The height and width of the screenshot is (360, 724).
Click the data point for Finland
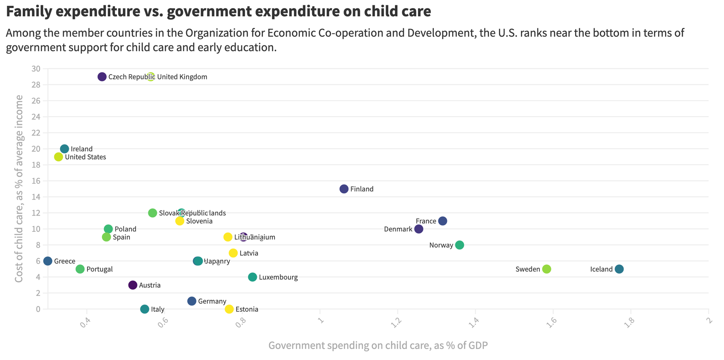point(344,189)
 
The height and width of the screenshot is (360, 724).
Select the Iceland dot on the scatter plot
point(619,269)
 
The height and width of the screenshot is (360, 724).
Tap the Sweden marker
point(547,269)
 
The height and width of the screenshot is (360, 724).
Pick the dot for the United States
point(59,157)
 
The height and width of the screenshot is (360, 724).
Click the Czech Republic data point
point(102,77)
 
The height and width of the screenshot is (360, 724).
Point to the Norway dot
point(459,245)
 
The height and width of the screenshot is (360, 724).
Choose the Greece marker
point(48,261)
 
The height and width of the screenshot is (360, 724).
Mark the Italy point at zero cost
point(144,309)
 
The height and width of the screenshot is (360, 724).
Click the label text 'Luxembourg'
point(278,277)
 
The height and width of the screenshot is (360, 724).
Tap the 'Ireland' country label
point(81,149)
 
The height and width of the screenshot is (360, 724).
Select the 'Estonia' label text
point(247,309)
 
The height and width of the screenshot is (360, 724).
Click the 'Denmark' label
point(398,229)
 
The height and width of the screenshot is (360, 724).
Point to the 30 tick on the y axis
point(36,69)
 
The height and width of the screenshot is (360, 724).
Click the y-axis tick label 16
point(36,181)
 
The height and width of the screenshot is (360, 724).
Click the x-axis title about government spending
point(378,346)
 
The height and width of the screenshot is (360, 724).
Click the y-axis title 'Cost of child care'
point(19,189)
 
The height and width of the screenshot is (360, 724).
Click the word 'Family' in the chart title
point(29,12)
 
